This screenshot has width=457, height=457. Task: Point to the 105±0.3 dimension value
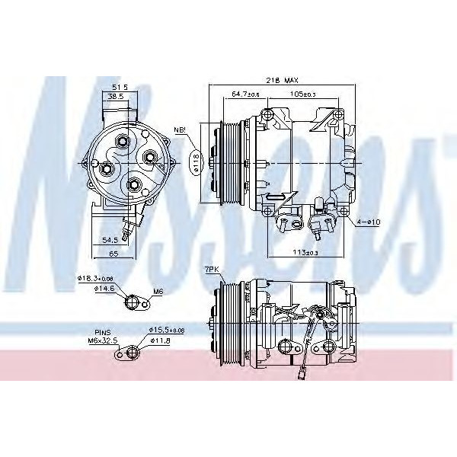pos(303,94)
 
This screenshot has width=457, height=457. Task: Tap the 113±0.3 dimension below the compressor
pos(305,252)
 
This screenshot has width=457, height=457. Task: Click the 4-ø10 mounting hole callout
pos(369,222)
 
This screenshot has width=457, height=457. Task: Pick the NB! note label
pos(180,130)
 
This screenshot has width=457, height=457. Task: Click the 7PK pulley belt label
pos(211,270)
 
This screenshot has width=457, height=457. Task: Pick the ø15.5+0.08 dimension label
pos(166,329)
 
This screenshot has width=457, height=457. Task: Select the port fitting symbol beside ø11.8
pos(136,351)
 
